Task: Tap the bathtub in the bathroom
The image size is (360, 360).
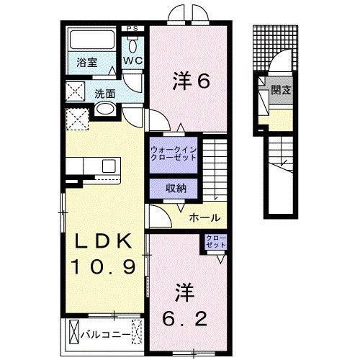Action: [89, 40]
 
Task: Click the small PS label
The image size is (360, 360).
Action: [131, 28]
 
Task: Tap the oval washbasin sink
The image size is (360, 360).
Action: [104, 110]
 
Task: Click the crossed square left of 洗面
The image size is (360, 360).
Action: [74, 91]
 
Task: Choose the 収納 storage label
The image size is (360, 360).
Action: [174, 188]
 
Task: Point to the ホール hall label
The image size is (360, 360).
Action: [204, 218]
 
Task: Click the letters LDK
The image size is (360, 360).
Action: [102, 241]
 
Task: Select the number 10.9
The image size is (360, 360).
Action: [102, 269]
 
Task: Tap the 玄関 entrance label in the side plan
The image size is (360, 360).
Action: [280, 90]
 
